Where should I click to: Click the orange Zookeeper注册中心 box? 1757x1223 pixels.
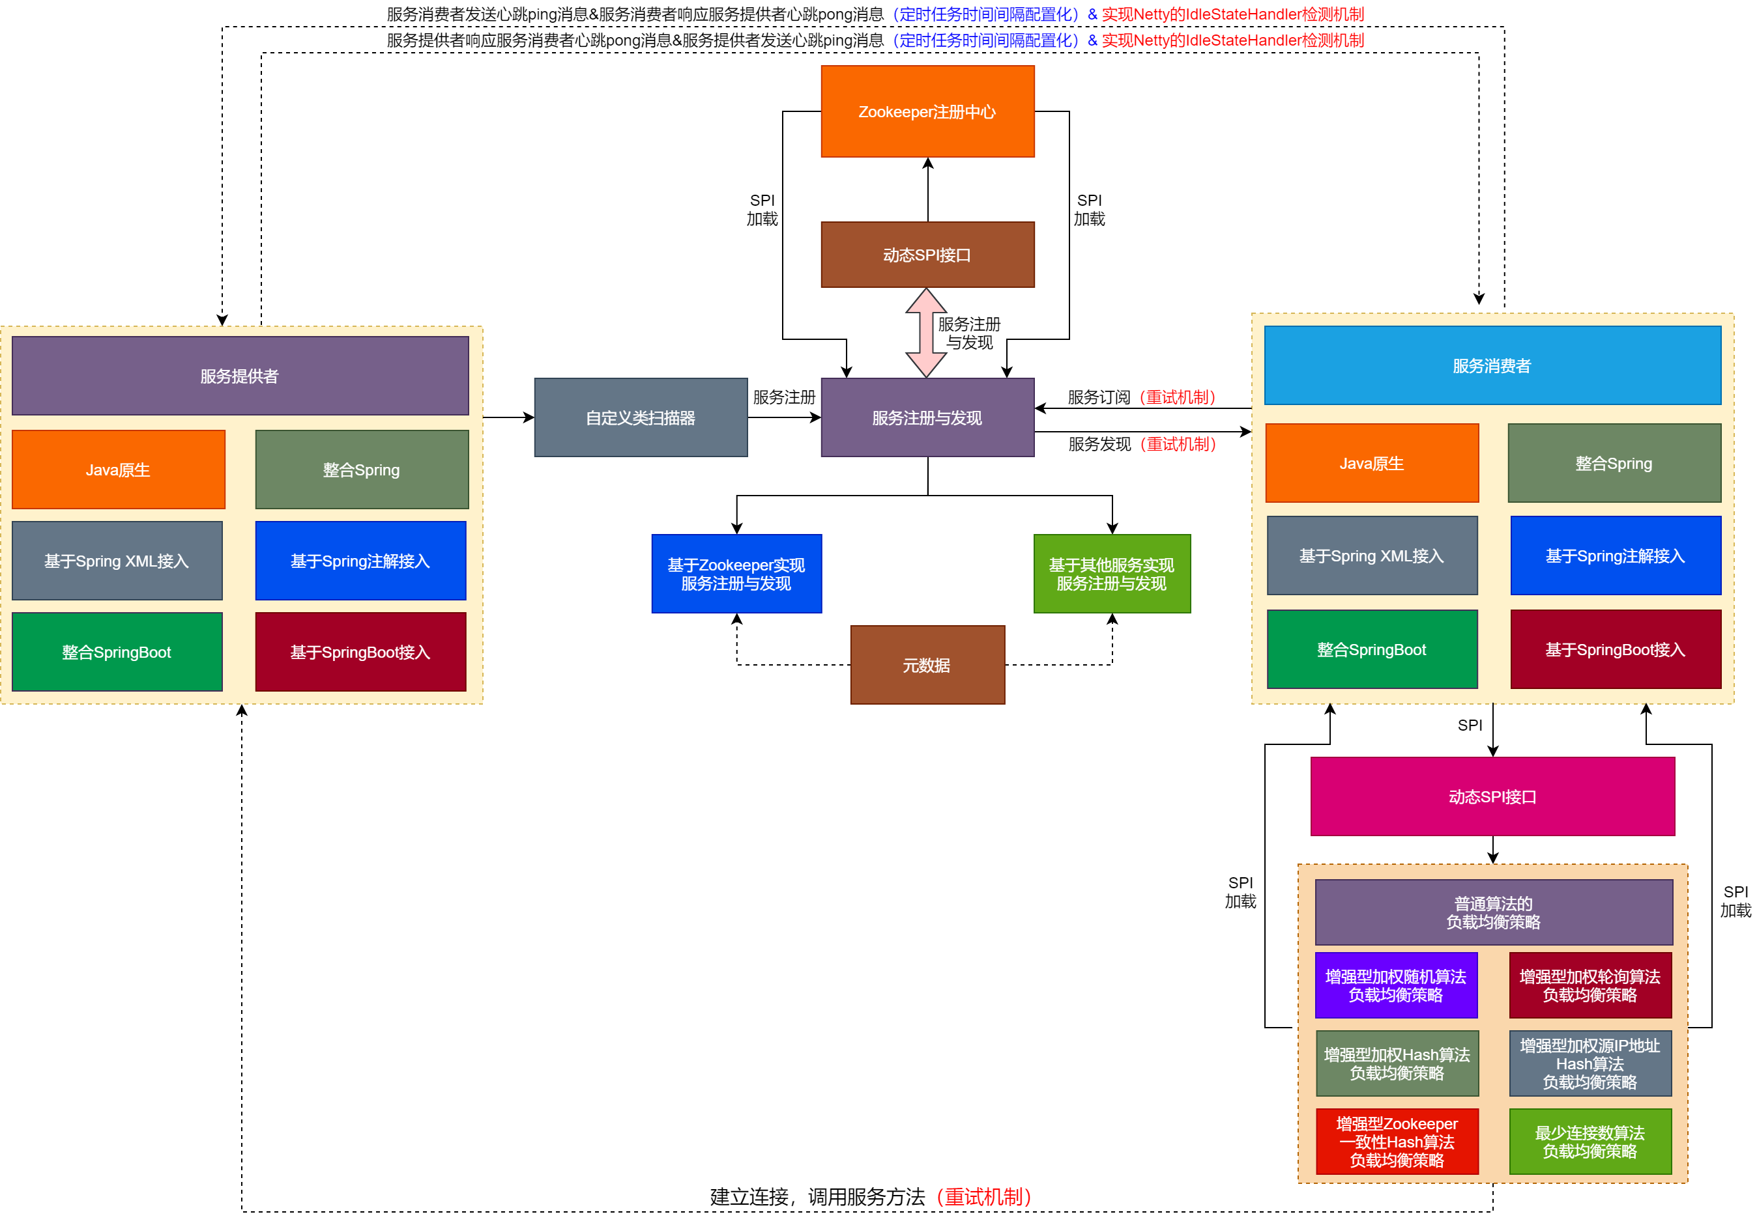tap(927, 111)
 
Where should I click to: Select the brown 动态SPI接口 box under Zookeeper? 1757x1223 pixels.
tap(927, 255)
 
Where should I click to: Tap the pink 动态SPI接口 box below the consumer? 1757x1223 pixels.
tap(1492, 796)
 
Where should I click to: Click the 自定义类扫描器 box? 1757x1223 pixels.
tap(641, 417)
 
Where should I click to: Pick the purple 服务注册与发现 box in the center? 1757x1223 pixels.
tap(927, 417)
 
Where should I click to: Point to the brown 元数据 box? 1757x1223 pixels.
tap(927, 665)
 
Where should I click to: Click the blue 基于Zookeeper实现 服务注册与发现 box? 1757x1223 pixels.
tap(736, 574)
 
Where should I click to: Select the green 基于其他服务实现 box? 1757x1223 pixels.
tap(1112, 574)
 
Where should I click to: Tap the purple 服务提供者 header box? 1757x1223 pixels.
tap(240, 376)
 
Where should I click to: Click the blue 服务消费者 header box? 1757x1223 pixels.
tap(1492, 365)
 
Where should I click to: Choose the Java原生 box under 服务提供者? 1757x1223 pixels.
tap(118, 470)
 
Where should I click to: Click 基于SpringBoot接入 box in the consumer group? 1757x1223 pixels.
tap(1616, 649)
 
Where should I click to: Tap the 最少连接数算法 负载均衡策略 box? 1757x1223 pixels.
tap(1590, 1141)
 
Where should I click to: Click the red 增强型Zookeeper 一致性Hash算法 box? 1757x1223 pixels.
tap(1397, 1141)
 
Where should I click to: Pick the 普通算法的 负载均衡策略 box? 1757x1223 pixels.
tap(1493, 912)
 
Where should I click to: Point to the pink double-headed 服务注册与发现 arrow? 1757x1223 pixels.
tap(926, 333)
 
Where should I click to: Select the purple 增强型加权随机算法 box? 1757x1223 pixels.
tap(1396, 985)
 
